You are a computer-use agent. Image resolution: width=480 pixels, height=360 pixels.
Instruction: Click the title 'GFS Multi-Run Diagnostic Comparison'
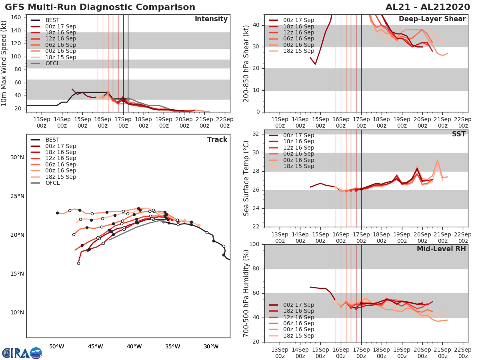click(100, 7)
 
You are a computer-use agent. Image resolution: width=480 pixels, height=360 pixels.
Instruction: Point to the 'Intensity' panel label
click(211, 19)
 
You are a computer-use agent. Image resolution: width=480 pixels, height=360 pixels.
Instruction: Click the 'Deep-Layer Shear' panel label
click(432, 19)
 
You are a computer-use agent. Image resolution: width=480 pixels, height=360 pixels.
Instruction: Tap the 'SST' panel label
click(459, 134)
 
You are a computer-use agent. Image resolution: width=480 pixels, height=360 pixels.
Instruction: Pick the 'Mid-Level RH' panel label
click(441, 249)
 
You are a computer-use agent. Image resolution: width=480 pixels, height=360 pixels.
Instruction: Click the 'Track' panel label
click(217, 140)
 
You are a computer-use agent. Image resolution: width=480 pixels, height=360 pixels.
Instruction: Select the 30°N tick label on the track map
click(17, 157)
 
